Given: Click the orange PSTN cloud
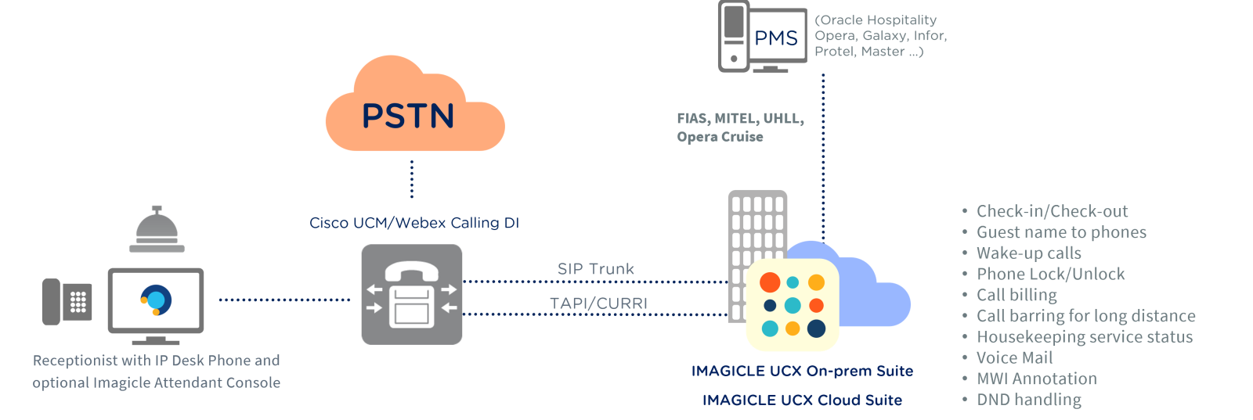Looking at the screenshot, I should point(414,109).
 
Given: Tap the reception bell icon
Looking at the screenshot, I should point(157,231).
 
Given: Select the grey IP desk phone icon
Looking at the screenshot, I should point(67,301).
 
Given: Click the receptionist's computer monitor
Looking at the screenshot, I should point(156,300).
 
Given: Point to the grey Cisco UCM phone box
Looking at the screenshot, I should point(411,294).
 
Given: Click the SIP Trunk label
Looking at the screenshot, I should point(596,269).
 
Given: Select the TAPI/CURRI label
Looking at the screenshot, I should point(598,303).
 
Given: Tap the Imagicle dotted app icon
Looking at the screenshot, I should point(793,305).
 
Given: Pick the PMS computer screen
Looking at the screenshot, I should point(775,38).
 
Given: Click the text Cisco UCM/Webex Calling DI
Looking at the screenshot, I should point(414,223).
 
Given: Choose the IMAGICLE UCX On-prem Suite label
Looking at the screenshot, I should point(802,372).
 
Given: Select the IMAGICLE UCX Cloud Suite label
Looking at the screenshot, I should point(802,400).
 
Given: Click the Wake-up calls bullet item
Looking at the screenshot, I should point(1028,253).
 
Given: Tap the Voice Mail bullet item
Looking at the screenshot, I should point(1014,358).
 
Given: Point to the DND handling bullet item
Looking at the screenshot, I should point(1028,400).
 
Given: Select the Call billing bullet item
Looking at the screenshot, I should point(1016,296).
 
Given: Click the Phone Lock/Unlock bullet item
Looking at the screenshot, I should point(1050,275).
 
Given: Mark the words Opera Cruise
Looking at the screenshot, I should point(720,137).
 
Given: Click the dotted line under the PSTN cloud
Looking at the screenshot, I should point(412,179).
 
